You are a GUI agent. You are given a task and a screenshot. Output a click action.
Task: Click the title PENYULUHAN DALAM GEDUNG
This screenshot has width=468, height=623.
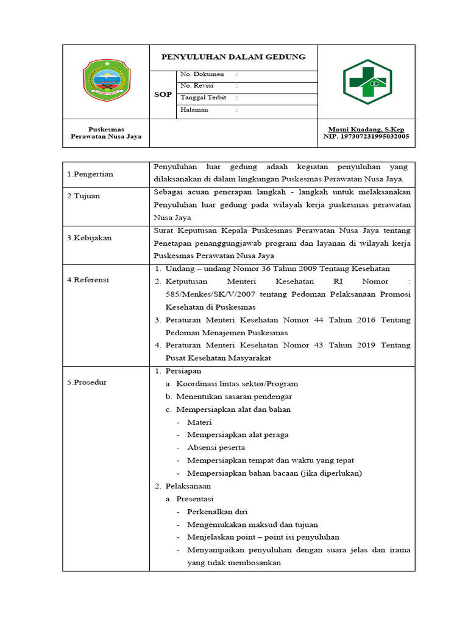tap(233, 57)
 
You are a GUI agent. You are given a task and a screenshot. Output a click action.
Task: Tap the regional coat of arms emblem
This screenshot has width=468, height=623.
tap(106, 80)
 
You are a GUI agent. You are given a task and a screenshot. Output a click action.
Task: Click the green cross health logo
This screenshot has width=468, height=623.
tap(367, 82)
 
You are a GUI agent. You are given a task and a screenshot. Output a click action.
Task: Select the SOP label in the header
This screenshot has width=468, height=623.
tap(163, 94)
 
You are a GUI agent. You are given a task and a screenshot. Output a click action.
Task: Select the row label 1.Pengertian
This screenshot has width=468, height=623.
tap(90, 174)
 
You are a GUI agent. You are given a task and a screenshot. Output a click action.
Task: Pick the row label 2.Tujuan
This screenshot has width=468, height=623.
tap(83, 196)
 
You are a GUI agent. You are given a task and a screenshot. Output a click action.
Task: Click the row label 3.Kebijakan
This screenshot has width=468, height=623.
tap(90, 238)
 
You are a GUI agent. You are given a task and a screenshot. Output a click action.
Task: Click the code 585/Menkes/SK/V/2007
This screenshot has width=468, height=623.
tap(207, 294)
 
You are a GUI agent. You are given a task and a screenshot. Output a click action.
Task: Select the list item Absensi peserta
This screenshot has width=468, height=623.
tap(216, 448)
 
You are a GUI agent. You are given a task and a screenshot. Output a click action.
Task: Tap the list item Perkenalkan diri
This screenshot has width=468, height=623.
tap(218, 512)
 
